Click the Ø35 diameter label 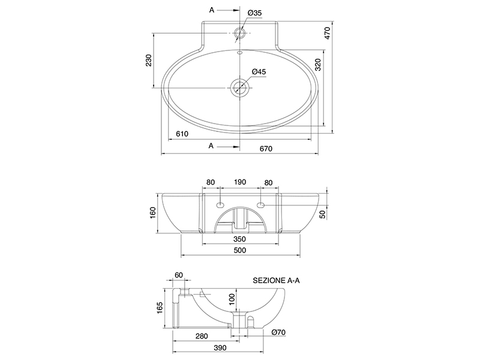coord(254,13)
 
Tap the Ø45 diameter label coord(259,71)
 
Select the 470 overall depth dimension coord(328,33)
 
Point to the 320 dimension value coord(318,65)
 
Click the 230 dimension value coord(149,61)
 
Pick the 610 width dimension coord(182,134)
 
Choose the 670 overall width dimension coord(266,149)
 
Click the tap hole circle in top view coord(239,33)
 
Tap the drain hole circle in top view coord(239,87)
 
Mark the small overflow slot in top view coord(239,53)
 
